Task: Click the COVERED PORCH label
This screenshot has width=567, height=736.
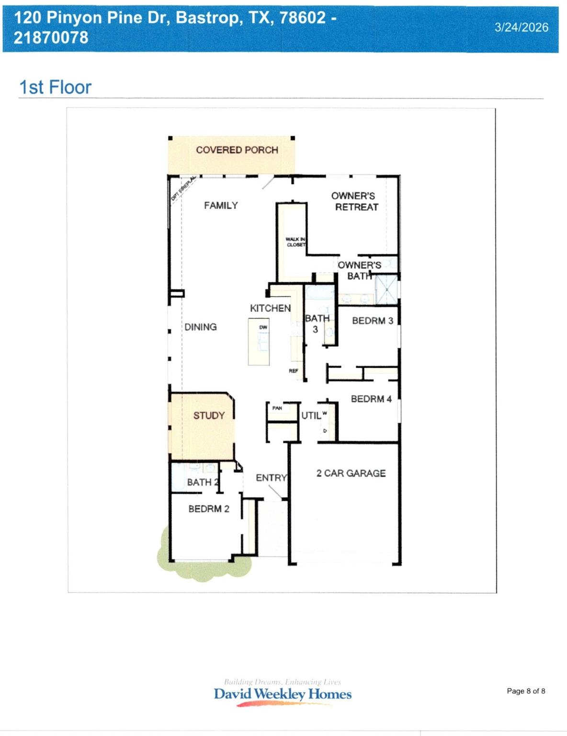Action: coord(237,150)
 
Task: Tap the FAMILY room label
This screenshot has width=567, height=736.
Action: coord(221,206)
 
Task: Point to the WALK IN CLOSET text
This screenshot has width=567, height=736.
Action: coord(295,242)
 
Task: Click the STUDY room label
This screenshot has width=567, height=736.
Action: coord(209,415)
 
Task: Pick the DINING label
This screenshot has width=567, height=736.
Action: coord(201,327)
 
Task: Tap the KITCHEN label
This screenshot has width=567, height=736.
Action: coord(270,308)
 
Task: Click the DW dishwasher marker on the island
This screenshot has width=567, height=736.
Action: coord(263,327)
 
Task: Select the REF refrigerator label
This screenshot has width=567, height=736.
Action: coord(294,371)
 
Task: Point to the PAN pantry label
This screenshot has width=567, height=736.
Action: coord(277,408)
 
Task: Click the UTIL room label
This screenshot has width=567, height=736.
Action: coord(311,415)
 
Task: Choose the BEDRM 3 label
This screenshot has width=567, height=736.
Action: coord(373,321)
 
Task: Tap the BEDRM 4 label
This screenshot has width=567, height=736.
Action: coord(371,399)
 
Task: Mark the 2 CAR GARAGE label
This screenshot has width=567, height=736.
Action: coord(351,473)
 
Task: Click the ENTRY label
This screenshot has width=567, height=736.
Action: coord(271,478)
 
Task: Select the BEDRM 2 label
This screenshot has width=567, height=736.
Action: coord(209,509)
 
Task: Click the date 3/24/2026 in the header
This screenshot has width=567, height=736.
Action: coord(522,27)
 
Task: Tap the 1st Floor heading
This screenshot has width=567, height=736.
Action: coord(55,87)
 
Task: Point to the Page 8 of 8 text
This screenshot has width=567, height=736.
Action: coord(526,691)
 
